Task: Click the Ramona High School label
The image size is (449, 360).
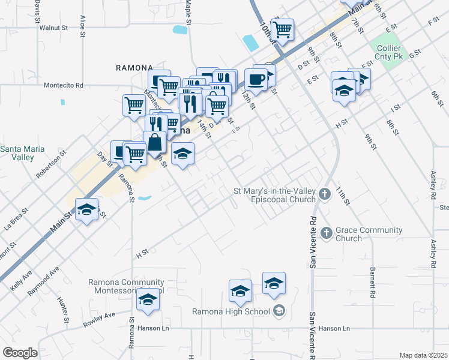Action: click(233, 311)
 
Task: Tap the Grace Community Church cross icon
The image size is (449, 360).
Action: click(326, 232)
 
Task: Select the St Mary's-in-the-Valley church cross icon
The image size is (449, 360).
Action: click(325, 193)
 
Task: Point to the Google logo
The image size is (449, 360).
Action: click(20, 353)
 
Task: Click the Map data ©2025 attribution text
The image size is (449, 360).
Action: click(423, 355)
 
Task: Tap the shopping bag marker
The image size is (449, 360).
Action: click(155, 142)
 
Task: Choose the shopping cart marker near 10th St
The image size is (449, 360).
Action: click(282, 29)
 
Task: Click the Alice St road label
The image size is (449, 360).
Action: click(82, 27)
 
